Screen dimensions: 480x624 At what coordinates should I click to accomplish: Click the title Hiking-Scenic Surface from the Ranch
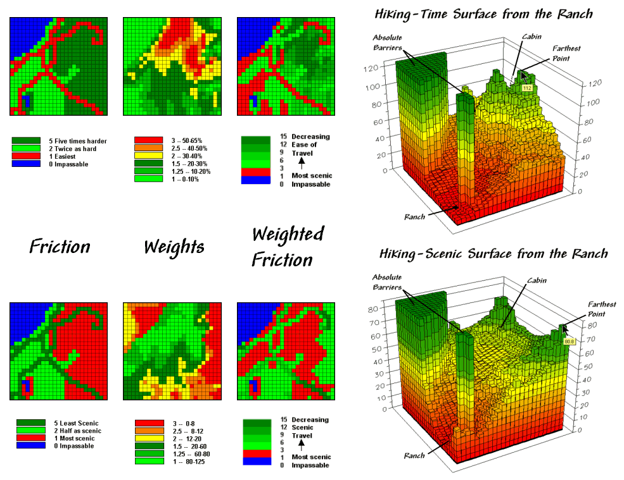493,254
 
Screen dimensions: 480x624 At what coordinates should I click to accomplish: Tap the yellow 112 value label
525,88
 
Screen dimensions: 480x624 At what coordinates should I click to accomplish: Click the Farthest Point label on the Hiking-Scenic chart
601,309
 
